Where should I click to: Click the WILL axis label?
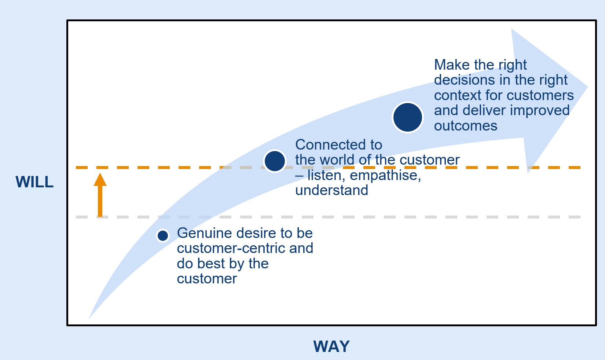click(34, 182)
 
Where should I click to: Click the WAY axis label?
click(331, 346)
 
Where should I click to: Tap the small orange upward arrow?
click(100, 194)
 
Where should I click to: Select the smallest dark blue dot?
click(162, 235)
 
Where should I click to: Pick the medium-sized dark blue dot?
click(275, 161)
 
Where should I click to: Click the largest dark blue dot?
click(407, 117)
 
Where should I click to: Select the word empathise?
click(385, 176)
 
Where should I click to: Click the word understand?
click(331, 190)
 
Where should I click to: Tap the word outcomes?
click(465, 126)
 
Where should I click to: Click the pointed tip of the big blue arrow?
click(587, 87)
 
